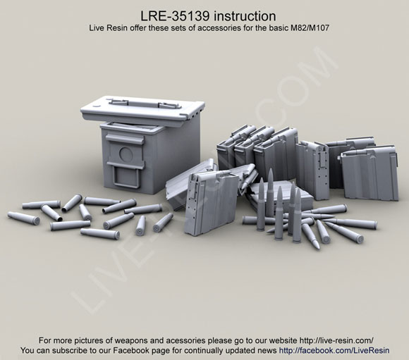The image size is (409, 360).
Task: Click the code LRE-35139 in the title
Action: click(175, 16)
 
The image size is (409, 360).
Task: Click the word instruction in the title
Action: click(245, 16)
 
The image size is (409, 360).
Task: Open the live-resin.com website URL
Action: click(336, 340)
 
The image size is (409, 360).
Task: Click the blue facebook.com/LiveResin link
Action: click(334, 351)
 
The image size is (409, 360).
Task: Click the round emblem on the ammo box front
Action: click(126, 154)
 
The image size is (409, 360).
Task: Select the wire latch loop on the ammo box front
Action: click(126, 176)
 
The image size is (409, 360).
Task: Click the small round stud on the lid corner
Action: click(96, 106)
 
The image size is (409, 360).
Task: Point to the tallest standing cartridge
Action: click(270, 192)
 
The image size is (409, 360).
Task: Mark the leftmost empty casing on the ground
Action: click(23, 218)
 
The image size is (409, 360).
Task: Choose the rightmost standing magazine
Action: click(370, 173)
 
